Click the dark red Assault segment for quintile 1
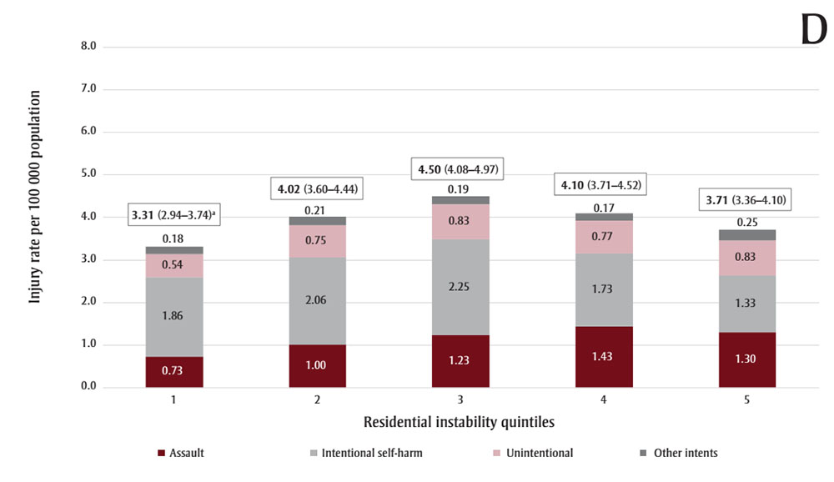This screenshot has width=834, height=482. pyautogui.click(x=174, y=372)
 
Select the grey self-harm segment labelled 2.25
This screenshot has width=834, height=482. pyautogui.click(x=460, y=287)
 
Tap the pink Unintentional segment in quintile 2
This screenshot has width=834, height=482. pyautogui.click(x=318, y=241)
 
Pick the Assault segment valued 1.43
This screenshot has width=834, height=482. pyautogui.click(x=604, y=357)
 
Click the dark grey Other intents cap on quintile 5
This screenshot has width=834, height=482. pyautogui.click(x=747, y=235)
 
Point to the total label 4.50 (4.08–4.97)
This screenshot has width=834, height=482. pyautogui.click(x=460, y=170)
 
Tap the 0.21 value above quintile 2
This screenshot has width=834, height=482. pyautogui.click(x=318, y=210)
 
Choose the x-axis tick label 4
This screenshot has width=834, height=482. pyautogui.click(x=604, y=400)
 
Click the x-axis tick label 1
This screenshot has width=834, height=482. pyautogui.click(x=174, y=400)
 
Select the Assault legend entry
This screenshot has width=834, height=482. pyautogui.click(x=181, y=453)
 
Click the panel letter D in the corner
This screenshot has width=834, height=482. pyautogui.click(x=812, y=32)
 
